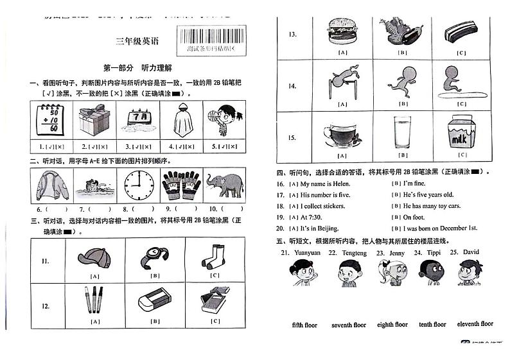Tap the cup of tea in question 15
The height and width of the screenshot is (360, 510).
click(x=339, y=133)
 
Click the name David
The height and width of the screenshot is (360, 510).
click(x=471, y=252)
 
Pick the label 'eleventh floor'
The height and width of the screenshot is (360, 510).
click(x=475, y=324)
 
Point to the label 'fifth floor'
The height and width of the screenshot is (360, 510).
click(x=304, y=325)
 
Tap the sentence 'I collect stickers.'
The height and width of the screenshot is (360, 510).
click(x=322, y=206)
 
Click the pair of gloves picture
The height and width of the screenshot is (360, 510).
click(x=182, y=185)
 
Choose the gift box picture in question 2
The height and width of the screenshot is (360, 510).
click(x=94, y=120)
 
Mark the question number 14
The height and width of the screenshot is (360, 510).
click(x=292, y=85)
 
